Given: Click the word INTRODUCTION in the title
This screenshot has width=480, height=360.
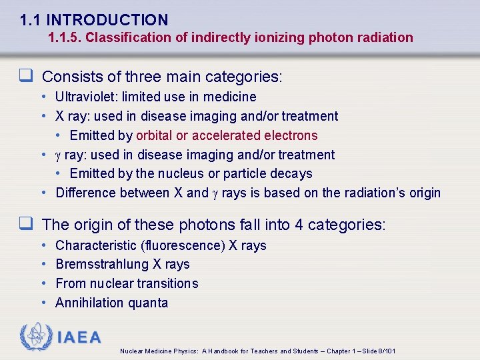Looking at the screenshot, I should coord(107,20).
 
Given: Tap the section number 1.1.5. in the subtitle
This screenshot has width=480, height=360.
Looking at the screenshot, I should coord(65,37).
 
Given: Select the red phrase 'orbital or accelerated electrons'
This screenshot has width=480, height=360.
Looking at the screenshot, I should coord(227,135).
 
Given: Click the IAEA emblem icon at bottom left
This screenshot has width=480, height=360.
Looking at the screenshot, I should coord(35,337).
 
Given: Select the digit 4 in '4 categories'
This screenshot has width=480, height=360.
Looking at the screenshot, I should coord(299,225).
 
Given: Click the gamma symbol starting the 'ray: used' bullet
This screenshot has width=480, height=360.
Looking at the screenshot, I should coord(58,155).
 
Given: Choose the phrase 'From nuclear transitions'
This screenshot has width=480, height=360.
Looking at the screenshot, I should coord(127,283).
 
